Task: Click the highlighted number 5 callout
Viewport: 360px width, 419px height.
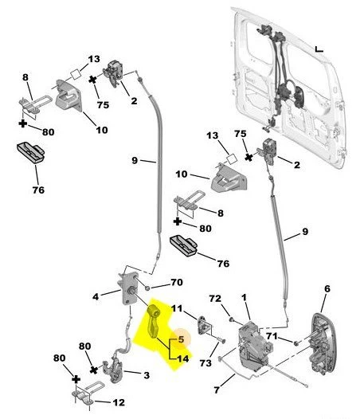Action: coord(182,339)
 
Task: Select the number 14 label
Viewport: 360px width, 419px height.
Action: coord(183,358)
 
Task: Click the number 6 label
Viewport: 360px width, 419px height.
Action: coord(327,288)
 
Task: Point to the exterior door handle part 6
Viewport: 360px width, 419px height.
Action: coord(324,343)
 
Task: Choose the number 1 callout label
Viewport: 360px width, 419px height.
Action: coord(244,297)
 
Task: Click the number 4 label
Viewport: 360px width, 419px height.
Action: coord(96,296)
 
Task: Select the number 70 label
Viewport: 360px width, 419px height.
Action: coord(177,282)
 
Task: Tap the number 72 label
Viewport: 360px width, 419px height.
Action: coord(215,299)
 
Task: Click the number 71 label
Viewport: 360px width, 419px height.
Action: coord(272,336)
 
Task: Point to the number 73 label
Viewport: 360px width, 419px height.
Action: coord(205,363)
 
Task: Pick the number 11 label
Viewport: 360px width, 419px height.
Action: coord(176,308)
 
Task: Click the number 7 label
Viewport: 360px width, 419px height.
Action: coord(217,390)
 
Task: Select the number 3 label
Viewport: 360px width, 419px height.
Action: coord(147,375)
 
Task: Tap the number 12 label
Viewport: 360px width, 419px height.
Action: coord(119,402)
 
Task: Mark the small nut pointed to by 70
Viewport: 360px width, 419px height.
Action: coord(147,288)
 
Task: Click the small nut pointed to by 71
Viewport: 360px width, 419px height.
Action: coord(296,343)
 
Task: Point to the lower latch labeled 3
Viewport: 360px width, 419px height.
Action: coord(114,370)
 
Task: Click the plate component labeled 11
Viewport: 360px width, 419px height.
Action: coord(204,325)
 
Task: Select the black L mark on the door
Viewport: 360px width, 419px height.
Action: coord(319,49)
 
